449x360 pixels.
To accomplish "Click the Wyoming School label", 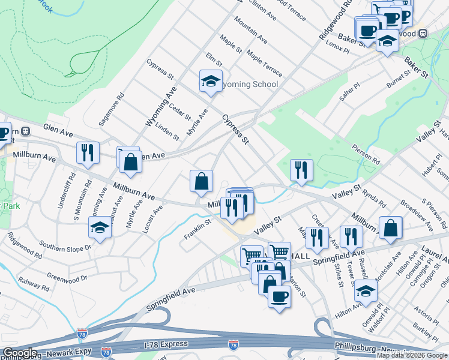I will pyautogui.click(x=250, y=84).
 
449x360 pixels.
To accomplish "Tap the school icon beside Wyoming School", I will pyautogui.click(x=211, y=82).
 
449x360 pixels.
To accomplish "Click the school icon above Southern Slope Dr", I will pyautogui.click(x=100, y=228).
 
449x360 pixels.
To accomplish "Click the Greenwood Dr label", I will pyautogui.click(x=67, y=278).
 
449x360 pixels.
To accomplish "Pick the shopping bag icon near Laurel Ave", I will pyautogui.click(x=391, y=227).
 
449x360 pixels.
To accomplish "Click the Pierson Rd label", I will pyautogui.click(x=366, y=154).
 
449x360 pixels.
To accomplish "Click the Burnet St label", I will pyautogui.click(x=398, y=79).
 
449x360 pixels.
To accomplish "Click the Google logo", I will pyautogui.click(x=20, y=353).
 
